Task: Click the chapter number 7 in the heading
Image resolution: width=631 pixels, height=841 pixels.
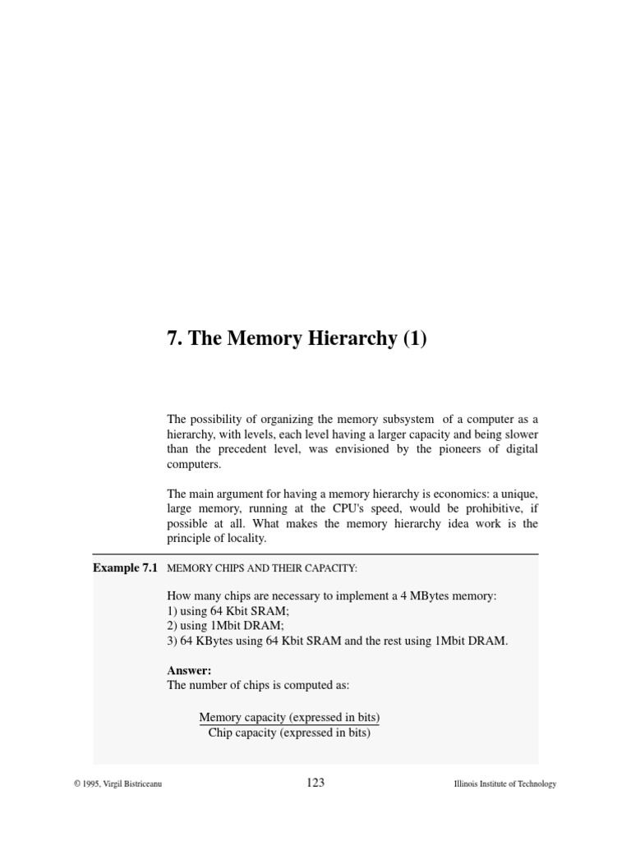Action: (x=173, y=339)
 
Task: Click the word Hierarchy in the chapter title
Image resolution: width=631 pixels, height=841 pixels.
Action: (x=349, y=339)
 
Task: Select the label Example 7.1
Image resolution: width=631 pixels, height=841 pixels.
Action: (x=126, y=568)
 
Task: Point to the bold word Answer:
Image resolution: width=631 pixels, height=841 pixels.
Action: (x=189, y=671)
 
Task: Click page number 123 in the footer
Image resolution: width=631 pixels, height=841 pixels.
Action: (x=315, y=783)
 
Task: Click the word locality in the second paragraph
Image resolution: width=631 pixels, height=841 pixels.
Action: (x=248, y=538)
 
